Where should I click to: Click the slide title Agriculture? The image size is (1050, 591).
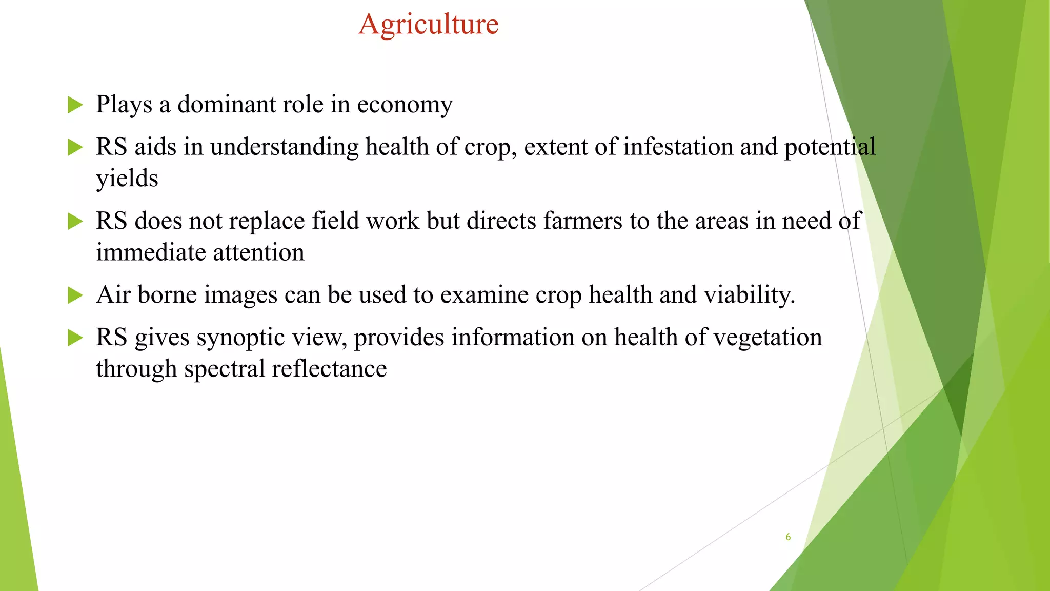pyautogui.click(x=429, y=24)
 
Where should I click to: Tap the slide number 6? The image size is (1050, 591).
pyautogui.click(x=788, y=537)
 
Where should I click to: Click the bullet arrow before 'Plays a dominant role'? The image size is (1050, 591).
pyautogui.click(x=75, y=105)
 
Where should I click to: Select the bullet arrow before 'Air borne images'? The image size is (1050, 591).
pyautogui.click(x=75, y=295)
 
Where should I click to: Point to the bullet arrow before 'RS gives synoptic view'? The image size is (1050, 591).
pyautogui.click(x=75, y=338)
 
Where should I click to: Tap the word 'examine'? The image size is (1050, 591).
pyautogui.click(x=484, y=295)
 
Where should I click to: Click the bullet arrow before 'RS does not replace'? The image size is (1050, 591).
pyautogui.click(x=75, y=222)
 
